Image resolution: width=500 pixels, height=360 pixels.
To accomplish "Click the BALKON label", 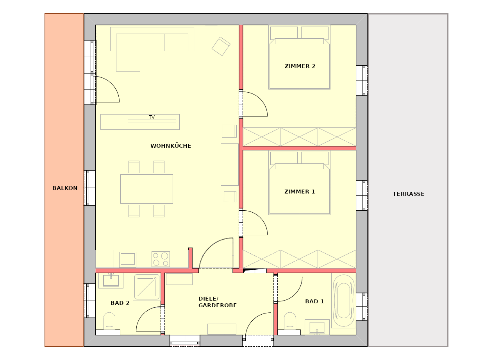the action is click(65, 188).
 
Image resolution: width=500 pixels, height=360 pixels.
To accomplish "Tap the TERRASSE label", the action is click(409, 194).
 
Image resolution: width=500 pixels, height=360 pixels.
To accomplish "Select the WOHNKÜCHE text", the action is click(171, 146).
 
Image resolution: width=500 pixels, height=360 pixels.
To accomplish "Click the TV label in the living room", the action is click(152, 117).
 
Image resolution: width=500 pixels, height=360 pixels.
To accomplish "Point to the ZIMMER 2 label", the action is click(300, 66).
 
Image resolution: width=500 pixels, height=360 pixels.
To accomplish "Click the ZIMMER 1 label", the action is click(300, 192).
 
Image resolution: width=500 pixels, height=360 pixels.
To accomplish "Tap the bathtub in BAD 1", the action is click(344, 301).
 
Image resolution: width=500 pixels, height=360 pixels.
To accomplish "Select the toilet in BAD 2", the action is click(109, 323).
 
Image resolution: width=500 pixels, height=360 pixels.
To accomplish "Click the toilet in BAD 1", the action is click(289, 323).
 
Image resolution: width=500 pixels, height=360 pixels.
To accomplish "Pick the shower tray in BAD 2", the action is click(146, 287).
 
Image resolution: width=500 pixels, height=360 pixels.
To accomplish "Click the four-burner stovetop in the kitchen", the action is click(161, 259).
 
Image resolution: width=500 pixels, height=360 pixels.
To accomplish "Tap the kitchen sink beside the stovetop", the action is click(128, 259).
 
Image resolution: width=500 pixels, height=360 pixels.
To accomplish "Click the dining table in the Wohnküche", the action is click(146, 189).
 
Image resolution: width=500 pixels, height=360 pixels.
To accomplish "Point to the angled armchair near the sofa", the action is click(221, 46).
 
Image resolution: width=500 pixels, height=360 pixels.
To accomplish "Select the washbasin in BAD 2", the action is click(111, 281).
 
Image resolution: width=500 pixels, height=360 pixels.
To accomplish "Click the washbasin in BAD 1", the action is click(317, 328).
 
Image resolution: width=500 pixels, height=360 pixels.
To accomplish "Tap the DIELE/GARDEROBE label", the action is click(218, 302).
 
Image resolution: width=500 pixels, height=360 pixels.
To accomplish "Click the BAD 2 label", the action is click(120, 303).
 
